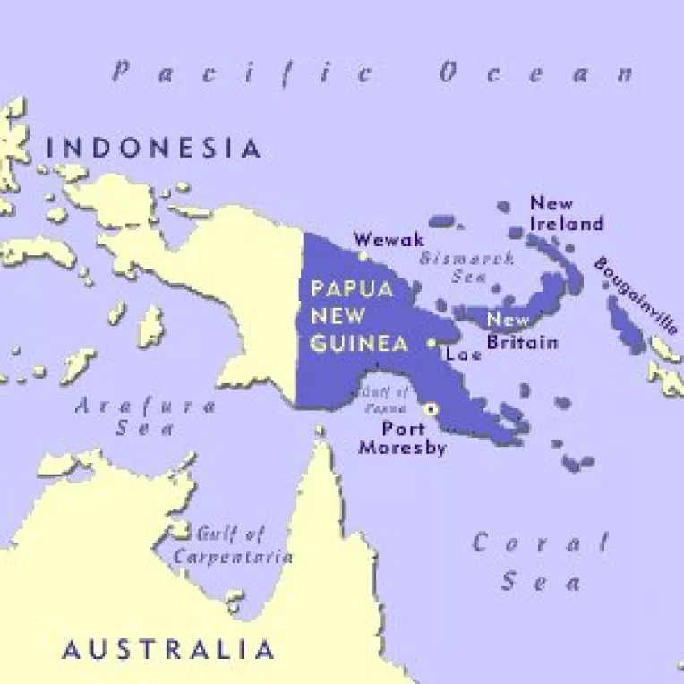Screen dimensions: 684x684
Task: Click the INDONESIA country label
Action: (154, 148)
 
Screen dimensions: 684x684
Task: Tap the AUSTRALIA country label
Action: (168, 649)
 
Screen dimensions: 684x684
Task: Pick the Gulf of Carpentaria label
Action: (232, 545)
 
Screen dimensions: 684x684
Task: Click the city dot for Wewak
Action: (363, 255)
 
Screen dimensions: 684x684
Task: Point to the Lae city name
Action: (463, 354)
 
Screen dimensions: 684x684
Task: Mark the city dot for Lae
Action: (432, 342)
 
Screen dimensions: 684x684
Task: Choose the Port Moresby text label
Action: (402, 438)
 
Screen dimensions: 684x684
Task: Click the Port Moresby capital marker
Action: (432, 408)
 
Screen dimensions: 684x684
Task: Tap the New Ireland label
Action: (566, 213)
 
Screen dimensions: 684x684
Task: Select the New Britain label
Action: (522, 331)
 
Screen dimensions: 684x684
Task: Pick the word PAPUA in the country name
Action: (338, 290)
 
